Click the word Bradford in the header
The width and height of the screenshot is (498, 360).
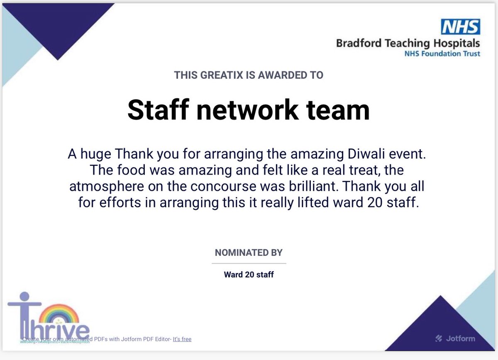pos(358,43)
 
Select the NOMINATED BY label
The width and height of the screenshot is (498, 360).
pos(249,252)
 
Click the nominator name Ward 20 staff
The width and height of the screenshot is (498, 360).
pos(249,275)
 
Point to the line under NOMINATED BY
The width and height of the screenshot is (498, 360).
pos(249,263)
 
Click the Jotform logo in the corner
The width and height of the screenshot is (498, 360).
pos(455,338)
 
